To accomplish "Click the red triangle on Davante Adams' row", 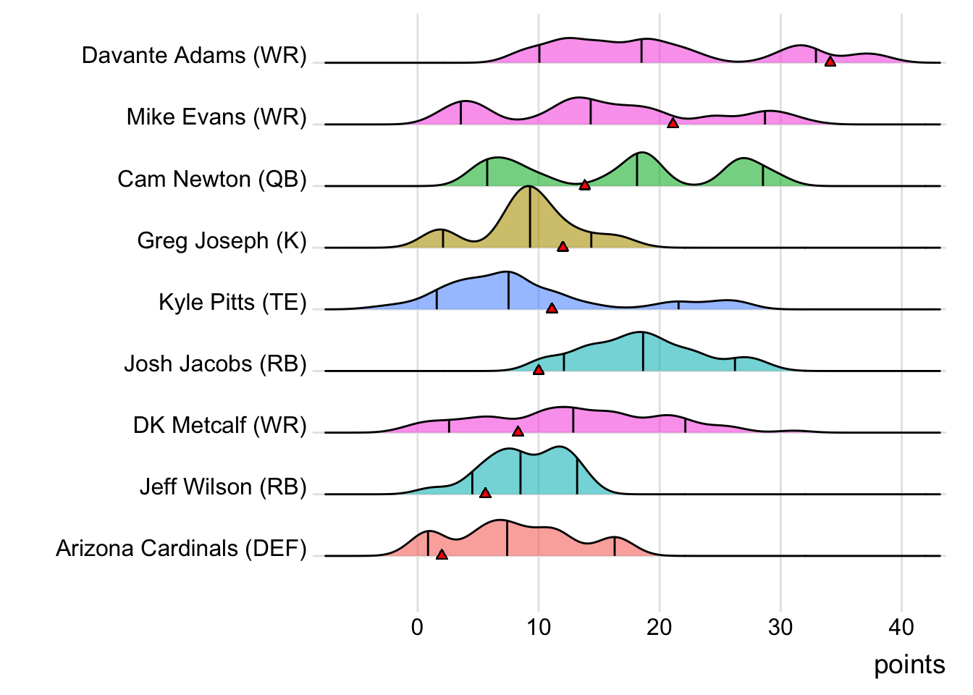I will (x=830, y=62).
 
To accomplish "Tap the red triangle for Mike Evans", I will (x=673, y=124).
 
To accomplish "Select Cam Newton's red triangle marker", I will (x=585, y=185).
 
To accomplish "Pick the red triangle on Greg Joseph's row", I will (x=563, y=247).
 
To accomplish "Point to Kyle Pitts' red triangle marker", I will (x=552, y=308).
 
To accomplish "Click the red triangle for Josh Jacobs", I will (x=539, y=370).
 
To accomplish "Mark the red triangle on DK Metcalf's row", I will (x=518, y=431).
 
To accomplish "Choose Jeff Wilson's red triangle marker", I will (x=485, y=493).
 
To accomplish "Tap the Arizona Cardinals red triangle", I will (x=442, y=555).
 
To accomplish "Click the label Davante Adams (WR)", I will (x=194, y=56).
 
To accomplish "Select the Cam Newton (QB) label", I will (x=212, y=179).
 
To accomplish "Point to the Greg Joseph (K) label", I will (x=222, y=240).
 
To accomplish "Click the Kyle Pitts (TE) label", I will (x=232, y=302).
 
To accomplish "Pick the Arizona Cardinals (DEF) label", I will (x=181, y=549).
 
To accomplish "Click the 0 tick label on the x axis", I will (x=417, y=628).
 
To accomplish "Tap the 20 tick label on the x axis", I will (x=660, y=628).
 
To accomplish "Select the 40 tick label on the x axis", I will (x=901, y=628).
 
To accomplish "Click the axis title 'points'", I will (x=909, y=665).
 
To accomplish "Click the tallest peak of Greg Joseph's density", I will (x=530, y=188).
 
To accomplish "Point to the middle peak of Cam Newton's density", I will (x=640, y=153).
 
